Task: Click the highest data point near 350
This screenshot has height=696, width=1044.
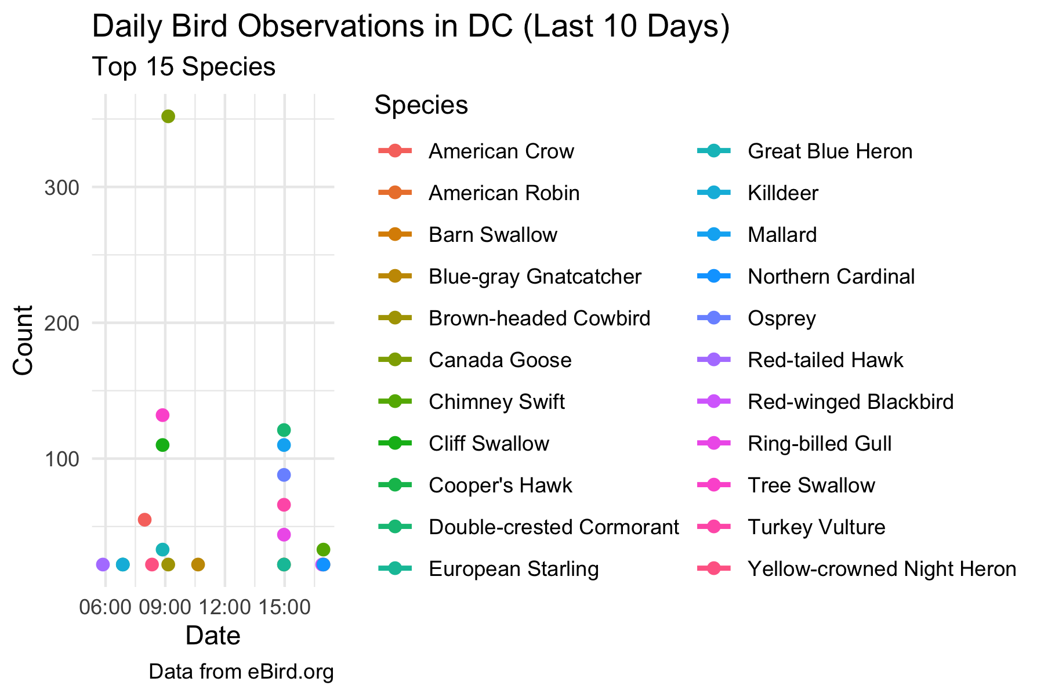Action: (168, 117)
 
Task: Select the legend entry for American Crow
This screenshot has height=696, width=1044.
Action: (501, 151)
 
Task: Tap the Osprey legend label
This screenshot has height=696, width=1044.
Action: (781, 318)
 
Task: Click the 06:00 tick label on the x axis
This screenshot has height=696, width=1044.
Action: (105, 608)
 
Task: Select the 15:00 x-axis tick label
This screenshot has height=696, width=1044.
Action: (284, 608)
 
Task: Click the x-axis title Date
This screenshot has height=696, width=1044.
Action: (213, 636)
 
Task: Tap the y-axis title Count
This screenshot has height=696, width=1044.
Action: (23, 340)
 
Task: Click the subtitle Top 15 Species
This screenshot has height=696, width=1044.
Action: (183, 67)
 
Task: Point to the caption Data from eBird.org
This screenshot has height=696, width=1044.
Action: (241, 672)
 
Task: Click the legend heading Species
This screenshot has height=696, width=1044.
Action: (421, 105)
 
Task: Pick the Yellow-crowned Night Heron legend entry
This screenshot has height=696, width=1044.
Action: (882, 569)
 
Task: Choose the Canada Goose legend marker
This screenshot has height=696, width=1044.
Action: (395, 360)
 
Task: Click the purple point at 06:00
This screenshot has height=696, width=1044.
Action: (103, 564)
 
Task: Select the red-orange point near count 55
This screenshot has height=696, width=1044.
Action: (144, 519)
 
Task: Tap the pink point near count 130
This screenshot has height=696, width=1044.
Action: (162, 415)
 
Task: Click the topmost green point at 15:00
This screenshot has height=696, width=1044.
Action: (284, 430)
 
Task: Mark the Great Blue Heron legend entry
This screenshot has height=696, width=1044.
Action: (829, 151)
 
